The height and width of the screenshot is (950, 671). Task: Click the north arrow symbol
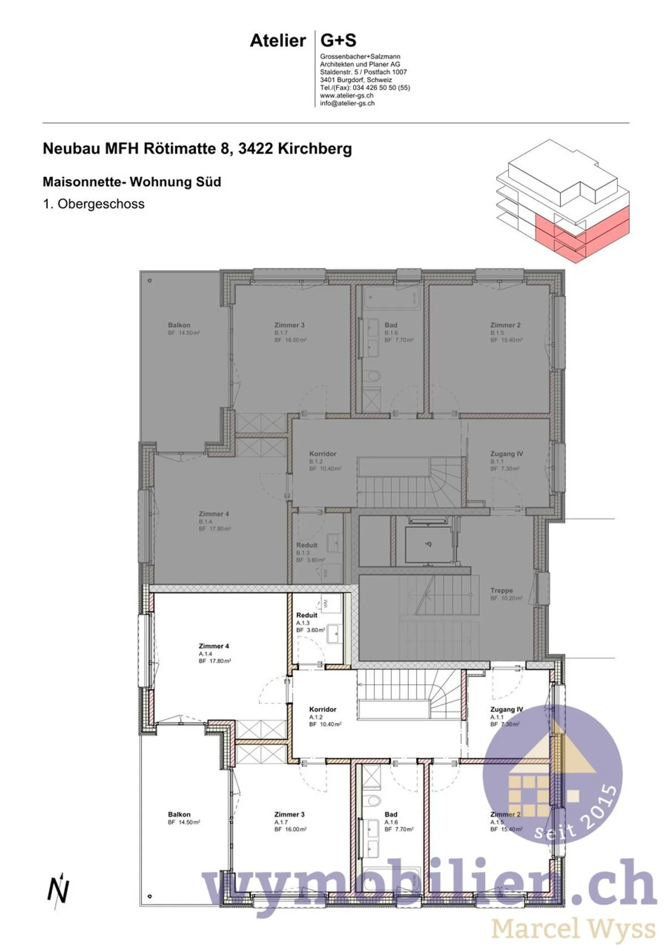click(58, 890)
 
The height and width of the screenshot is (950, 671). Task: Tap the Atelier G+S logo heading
click(303, 41)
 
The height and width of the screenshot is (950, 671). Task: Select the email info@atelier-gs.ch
click(347, 104)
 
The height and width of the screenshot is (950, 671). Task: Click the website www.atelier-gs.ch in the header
click(346, 96)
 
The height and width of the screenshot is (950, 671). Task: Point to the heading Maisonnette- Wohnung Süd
click(132, 181)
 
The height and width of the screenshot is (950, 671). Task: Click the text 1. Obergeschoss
click(94, 204)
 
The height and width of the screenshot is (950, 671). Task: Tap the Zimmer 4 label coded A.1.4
click(214, 646)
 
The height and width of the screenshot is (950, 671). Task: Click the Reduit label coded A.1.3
click(307, 616)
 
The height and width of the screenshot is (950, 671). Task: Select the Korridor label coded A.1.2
click(322, 709)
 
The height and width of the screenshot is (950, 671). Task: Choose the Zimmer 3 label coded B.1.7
click(289, 325)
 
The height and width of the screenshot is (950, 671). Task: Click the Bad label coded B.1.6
click(391, 325)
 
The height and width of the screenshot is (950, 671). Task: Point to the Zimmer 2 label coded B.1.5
click(505, 325)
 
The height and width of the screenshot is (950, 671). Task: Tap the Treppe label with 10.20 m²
click(501, 590)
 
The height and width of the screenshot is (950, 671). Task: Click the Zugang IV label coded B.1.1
click(507, 454)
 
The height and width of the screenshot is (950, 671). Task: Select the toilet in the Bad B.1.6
click(372, 375)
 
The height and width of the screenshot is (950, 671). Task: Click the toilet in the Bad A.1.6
click(373, 800)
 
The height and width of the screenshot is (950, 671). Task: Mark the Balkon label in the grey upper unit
click(179, 325)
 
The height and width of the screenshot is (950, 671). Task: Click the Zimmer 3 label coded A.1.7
click(289, 814)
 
